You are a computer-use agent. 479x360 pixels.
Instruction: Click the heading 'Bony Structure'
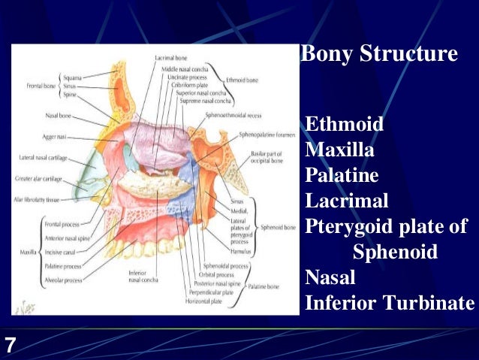(x=378, y=55)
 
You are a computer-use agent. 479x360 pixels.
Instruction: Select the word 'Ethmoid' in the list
(x=345, y=124)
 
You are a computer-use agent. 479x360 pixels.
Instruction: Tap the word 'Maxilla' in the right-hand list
(x=340, y=150)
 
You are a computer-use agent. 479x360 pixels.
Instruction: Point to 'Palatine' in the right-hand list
(x=342, y=175)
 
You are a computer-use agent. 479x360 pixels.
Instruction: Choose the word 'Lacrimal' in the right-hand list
(x=347, y=201)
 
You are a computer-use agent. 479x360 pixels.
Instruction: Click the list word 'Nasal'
(x=330, y=277)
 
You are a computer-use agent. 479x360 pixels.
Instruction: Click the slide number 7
(x=10, y=346)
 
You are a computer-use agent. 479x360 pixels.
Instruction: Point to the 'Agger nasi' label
(x=57, y=137)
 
